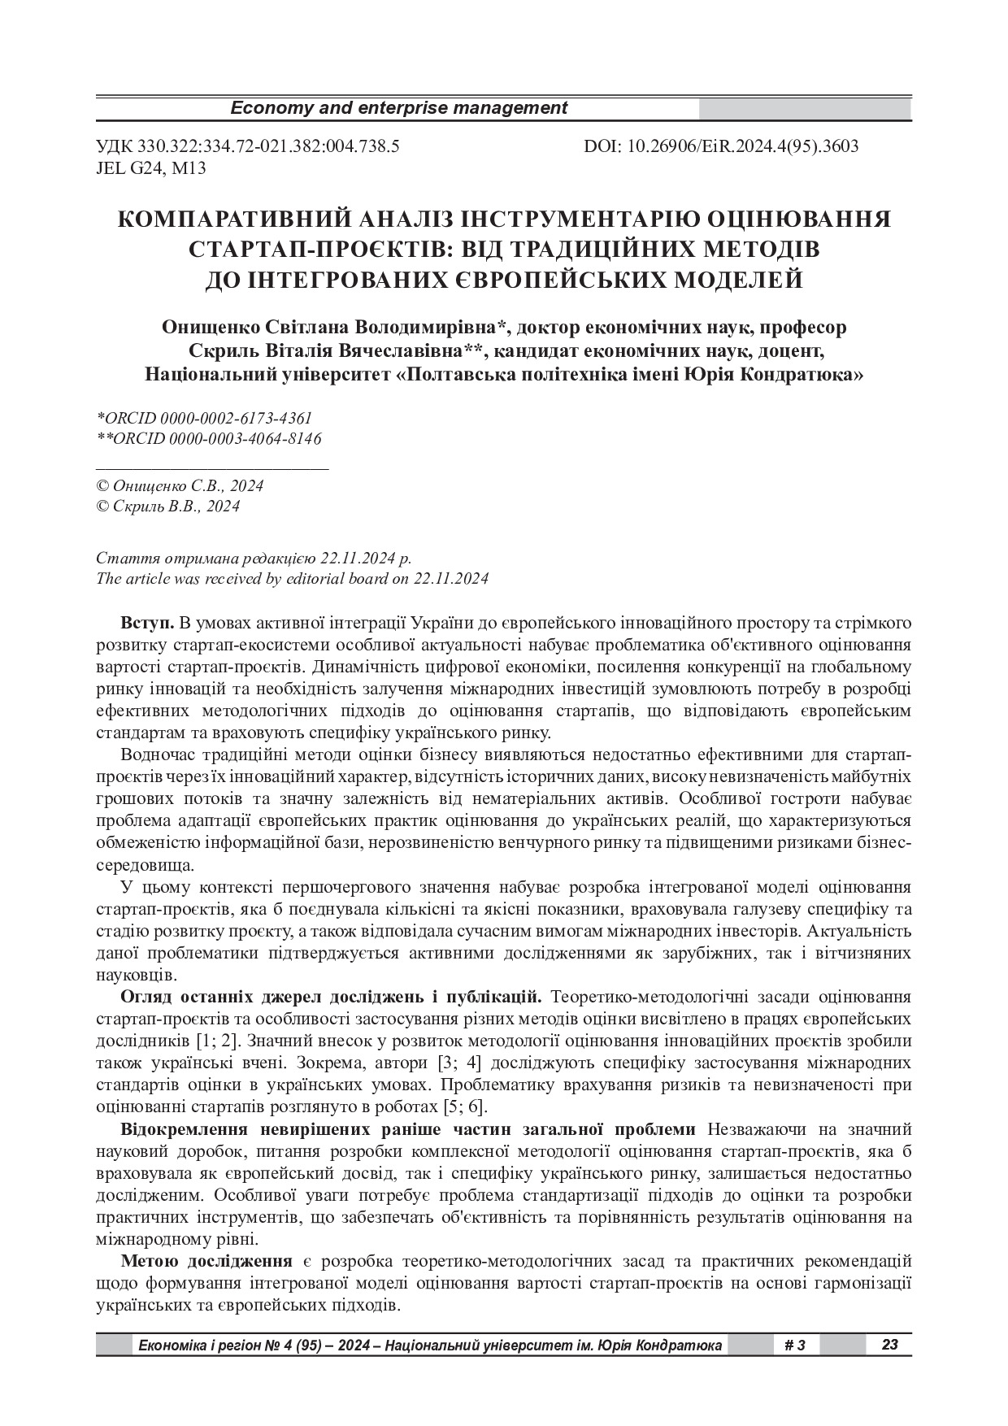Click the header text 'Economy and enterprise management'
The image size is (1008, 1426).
tap(399, 108)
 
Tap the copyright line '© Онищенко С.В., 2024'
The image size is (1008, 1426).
tap(180, 486)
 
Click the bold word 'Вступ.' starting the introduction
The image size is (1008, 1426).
tap(147, 624)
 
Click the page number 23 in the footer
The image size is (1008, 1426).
tap(889, 1345)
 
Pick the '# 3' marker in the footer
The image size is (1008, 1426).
tap(795, 1346)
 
